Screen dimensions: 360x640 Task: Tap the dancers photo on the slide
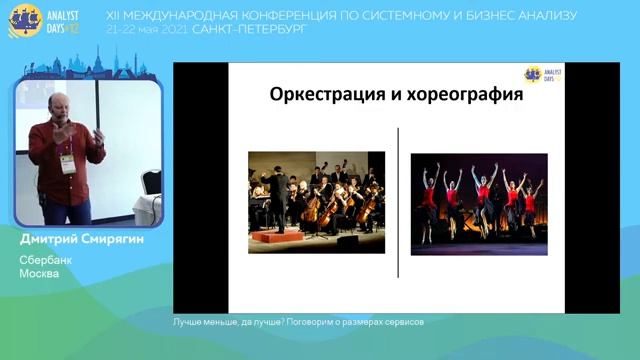[479, 204]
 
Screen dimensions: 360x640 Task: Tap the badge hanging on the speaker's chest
[67, 163]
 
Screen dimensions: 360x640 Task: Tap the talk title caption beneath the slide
[298, 323]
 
